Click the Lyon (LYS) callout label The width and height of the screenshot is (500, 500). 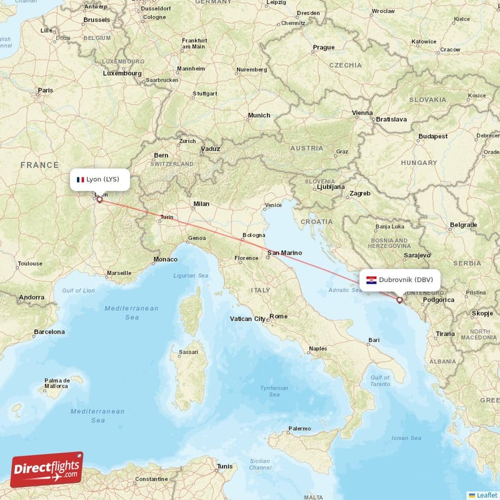coord(99,179)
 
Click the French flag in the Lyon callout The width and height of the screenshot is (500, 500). coord(80,180)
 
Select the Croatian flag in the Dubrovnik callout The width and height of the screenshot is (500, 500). coord(371,280)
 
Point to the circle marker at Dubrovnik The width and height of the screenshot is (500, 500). coord(399,300)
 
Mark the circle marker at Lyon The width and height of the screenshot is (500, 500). coord(99,201)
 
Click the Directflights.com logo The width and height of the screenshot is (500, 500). coord(47,469)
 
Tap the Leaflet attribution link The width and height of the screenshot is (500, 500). coord(486,495)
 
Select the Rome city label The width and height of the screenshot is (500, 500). coord(279,316)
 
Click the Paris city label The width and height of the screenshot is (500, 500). coord(45,90)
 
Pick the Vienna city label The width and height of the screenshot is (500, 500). coord(362,113)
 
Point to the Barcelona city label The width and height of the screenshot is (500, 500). coord(49,331)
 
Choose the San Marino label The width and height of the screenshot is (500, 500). coord(284,253)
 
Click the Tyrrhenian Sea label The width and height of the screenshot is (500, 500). coord(274,391)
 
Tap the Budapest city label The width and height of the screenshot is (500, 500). coord(433,136)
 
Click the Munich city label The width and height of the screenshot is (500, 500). coord(259,115)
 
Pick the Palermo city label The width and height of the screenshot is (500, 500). coord(299,429)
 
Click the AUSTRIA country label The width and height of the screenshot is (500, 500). coord(307,148)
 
